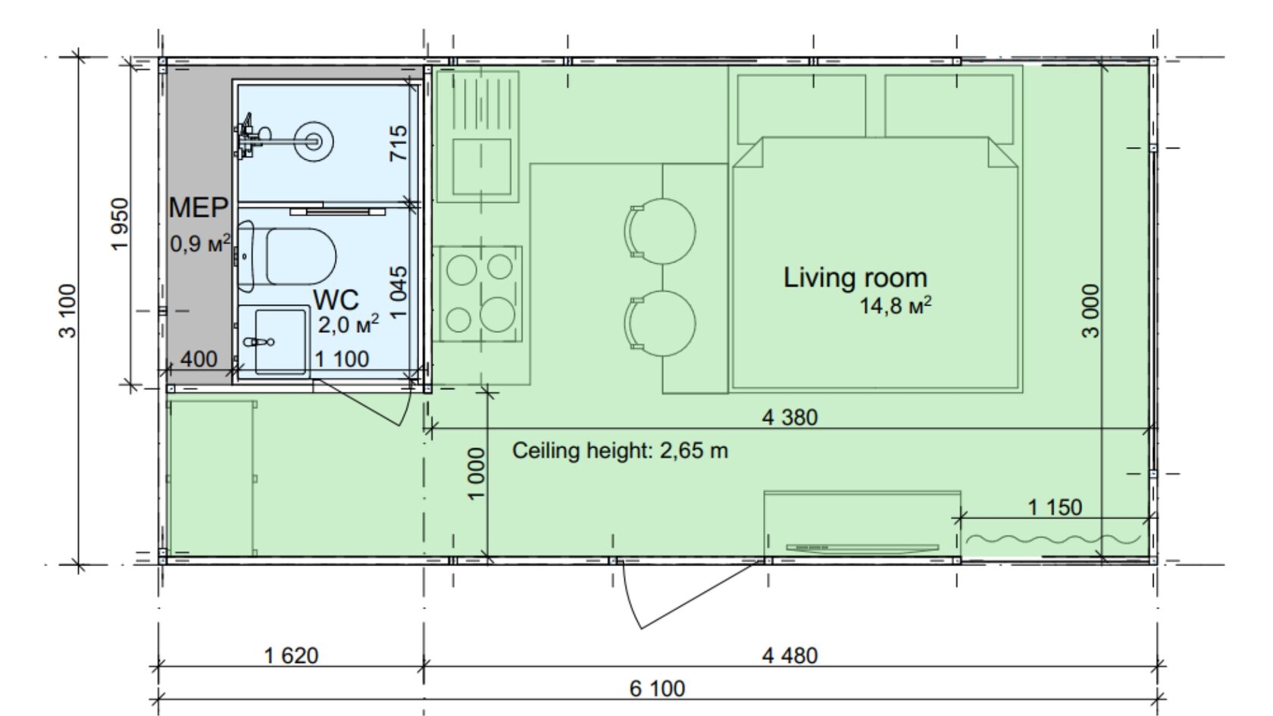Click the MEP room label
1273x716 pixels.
click(199, 208)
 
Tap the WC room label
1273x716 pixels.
click(336, 299)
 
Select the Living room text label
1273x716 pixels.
click(855, 278)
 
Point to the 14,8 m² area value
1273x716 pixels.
click(895, 306)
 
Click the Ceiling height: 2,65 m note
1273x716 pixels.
click(620, 451)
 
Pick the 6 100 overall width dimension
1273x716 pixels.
click(657, 689)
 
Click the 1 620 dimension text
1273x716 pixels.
click(291, 656)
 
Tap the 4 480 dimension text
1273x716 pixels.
click(790, 656)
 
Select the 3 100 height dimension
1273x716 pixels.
click(67, 311)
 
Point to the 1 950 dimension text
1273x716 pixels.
click(120, 224)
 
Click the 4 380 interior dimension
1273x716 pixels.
click(790, 417)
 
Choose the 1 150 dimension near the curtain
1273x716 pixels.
click(1055, 508)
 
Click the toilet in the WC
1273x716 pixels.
click(287, 256)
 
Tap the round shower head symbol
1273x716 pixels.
click(313, 142)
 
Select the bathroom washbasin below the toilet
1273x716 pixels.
click(274, 341)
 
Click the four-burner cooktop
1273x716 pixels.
click(478, 294)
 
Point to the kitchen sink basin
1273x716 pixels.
click(482, 167)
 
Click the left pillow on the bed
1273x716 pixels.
click(802, 109)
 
